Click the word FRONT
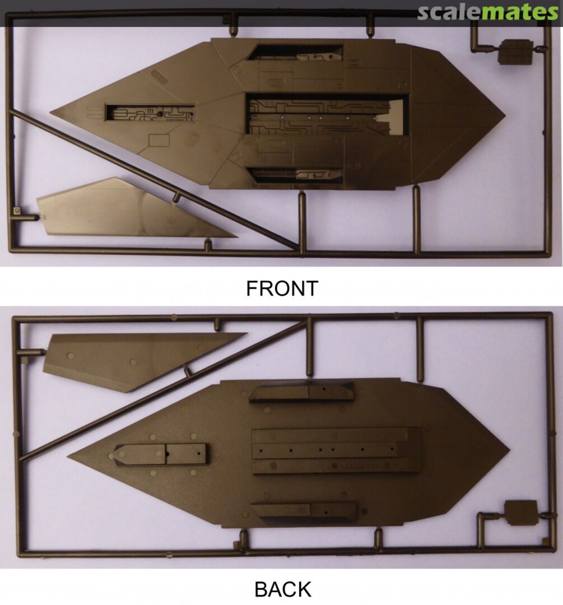(282, 288)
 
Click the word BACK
(283, 589)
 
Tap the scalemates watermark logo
(488, 12)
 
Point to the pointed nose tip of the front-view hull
(50, 113)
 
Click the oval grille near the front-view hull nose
(159, 76)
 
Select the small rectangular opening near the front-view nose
(150, 112)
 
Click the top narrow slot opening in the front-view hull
(296, 53)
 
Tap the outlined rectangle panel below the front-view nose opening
(159, 141)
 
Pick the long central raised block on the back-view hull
(336, 450)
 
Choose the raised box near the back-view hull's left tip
(161, 454)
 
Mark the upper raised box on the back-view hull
(301, 393)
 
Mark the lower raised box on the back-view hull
(303, 513)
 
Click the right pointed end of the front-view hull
(504, 116)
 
